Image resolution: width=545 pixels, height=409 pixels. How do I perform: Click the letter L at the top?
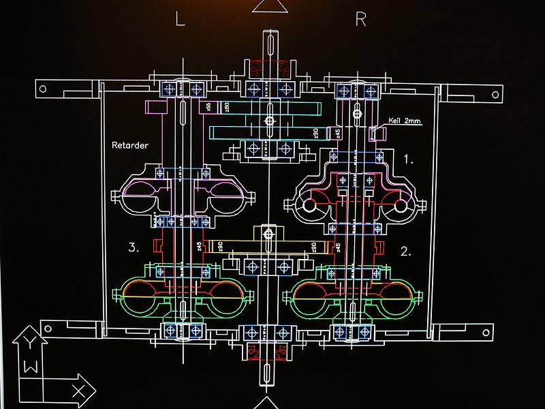point(180,19)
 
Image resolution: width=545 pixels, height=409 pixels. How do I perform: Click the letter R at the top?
point(360,19)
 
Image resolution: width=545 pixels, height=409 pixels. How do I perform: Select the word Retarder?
point(130,145)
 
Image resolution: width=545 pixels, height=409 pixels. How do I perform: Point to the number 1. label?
point(408,160)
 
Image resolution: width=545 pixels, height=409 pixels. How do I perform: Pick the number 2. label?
point(405,251)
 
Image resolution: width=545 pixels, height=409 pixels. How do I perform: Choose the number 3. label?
point(134,247)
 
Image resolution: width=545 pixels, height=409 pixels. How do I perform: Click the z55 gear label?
point(207,107)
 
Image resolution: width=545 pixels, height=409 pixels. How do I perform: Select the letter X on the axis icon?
point(78,391)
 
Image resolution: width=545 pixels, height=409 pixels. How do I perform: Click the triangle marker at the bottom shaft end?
point(268,403)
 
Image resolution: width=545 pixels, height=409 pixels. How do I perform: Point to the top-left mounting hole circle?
point(42,89)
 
